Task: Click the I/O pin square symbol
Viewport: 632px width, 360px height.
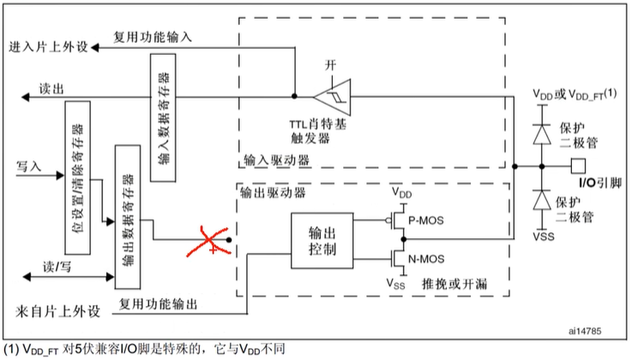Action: coord(579,165)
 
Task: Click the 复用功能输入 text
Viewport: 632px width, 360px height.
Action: coord(153,37)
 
